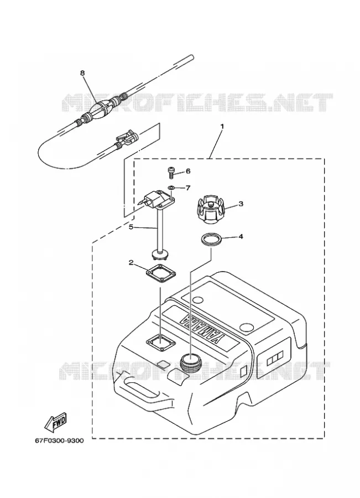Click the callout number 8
click(x=82, y=73)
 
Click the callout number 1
click(x=222, y=126)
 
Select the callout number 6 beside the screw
click(x=188, y=171)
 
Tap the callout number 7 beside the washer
click(x=188, y=188)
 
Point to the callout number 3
click(x=241, y=204)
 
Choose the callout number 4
click(x=241, y=237)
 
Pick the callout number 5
click(x=131, y=227)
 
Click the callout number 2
click(x=131, y=262)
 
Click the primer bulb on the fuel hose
click(x=101, y=109)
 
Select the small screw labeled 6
click(x=171, y=172)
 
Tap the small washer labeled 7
click(x=171, y=188)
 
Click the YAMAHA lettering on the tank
click(x=202, y=328)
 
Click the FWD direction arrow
click(x=55, y=422)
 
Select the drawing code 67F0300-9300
click(x=60, y=440)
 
